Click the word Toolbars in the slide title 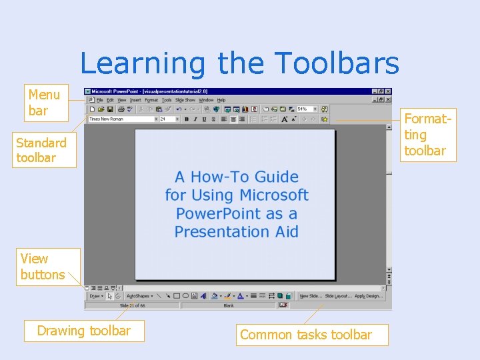coord(337,64)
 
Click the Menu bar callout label coord(44,103)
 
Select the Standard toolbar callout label coord(41,150)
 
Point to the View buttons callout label coord(42,266)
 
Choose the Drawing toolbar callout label coord(84,331)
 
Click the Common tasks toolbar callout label coord(306,335)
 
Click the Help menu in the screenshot coord(221,100)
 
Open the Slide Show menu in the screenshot coord(185,100)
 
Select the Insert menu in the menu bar coord(135,100)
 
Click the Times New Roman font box coord(107,119)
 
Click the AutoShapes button coord(139,296)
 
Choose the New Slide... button coord(310,296)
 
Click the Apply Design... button coord(369,296)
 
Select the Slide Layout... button coord(338,296)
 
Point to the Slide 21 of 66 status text coord(132,305)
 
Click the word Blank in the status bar coord(228,305)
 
